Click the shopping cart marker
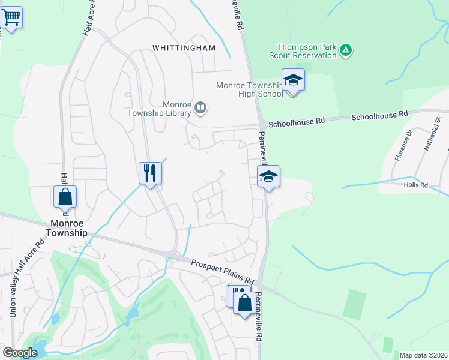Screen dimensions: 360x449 (x=11, y=17)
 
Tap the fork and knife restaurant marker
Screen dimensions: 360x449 (x=149, y=173)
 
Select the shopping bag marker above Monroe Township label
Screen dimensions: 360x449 (x=65, y=197)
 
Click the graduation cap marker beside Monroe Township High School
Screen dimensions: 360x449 (x=293, y=80)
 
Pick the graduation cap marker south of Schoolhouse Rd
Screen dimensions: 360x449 (x=268, y=177)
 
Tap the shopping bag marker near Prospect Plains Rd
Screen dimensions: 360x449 (x=244, y=303)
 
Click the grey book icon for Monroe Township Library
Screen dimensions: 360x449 (x=200, y=108)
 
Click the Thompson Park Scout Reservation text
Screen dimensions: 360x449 (x=306, y=51)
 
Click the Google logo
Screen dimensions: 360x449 (x=20, y=353)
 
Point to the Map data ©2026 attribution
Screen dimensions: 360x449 (x=423, y=355)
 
